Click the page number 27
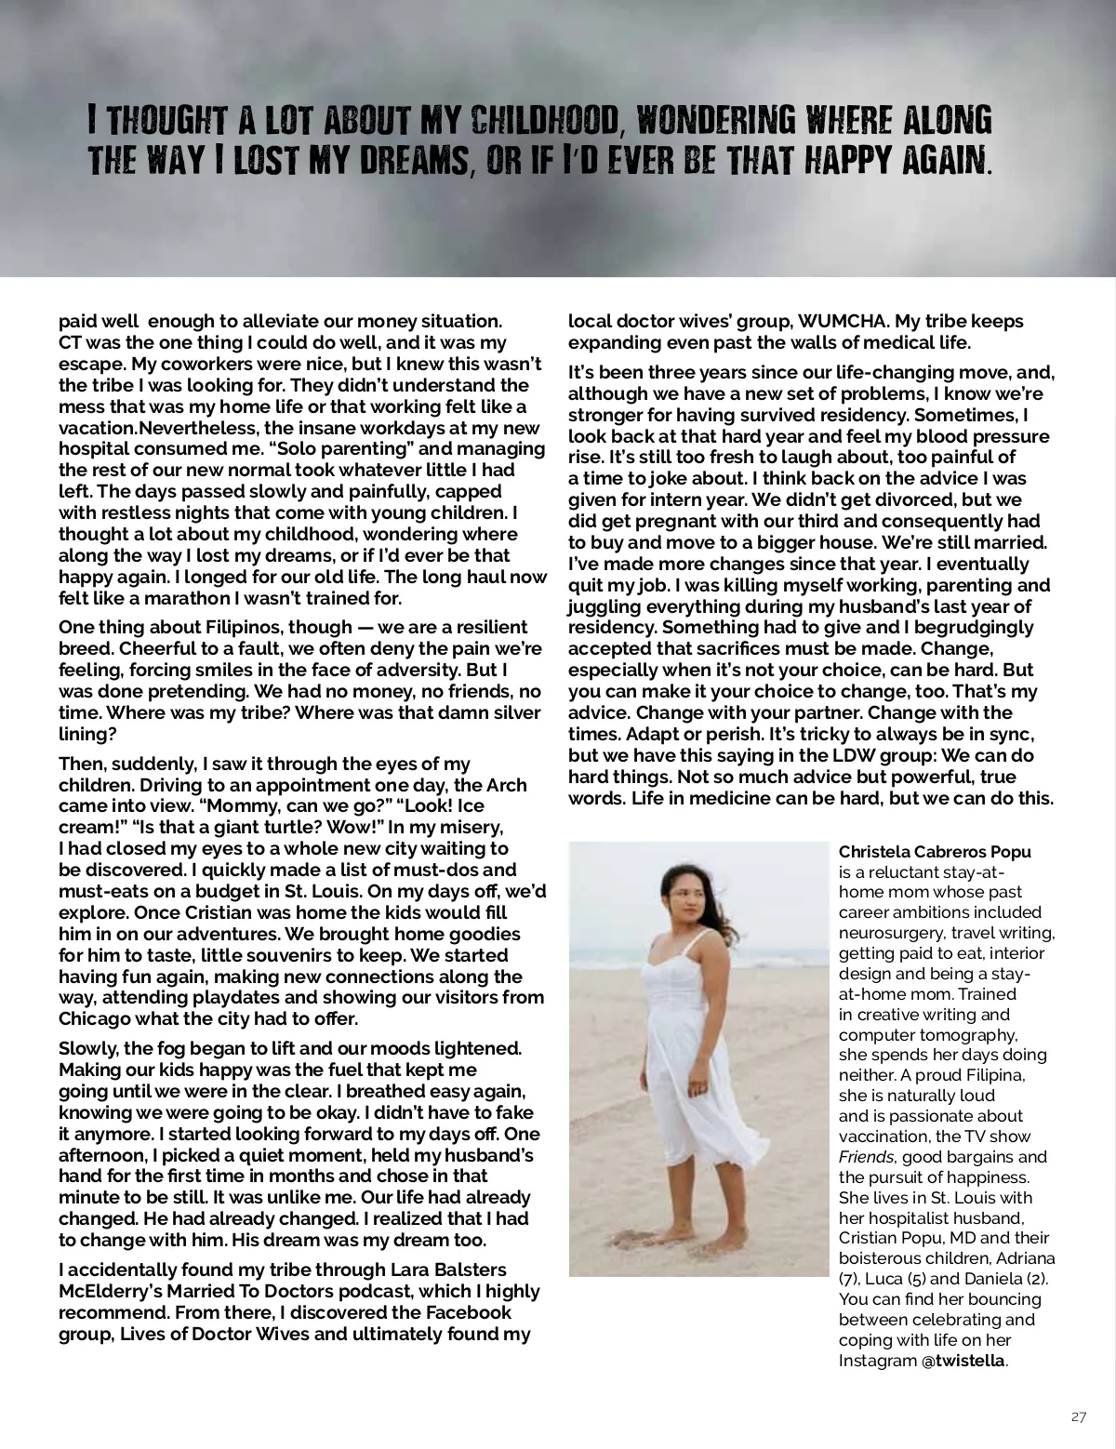(1078, 1417)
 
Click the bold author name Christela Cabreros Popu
(935, 852)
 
